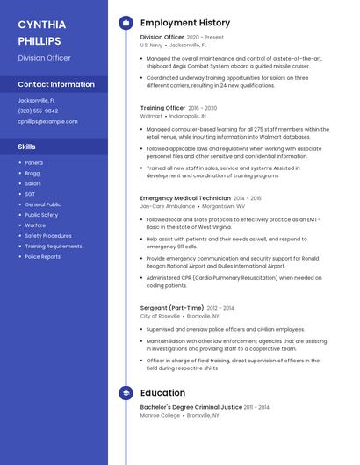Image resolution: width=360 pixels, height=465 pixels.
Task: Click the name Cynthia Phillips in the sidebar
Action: pyautogui.click(x=40, y=32)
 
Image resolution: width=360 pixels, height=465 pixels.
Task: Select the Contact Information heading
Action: pyautogui.click(x=56, y=84)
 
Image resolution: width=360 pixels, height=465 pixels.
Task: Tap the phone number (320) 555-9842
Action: pyautogui.click(x=38, y=111)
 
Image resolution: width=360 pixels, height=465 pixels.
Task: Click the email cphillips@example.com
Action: pyautogui.click(x=47, y=121)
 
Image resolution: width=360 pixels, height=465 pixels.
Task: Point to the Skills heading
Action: pyautogui.click(x=27, y=147)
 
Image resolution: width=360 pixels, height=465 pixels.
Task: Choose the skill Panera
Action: pyautogui.click(x=33, y=162)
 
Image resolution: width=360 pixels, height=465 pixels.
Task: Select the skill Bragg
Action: pyautogui.click(x=32, y=173)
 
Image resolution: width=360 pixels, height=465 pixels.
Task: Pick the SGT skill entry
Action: pyautogui.click(x=30, y=194)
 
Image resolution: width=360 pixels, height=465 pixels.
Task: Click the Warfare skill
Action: pyautogui.click(x=35, y=225)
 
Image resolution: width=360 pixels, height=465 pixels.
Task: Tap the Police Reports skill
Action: pyautogui.click(x=42, y=257)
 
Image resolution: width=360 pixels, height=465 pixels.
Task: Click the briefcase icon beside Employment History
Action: pyautogui.click(x=126, y=23)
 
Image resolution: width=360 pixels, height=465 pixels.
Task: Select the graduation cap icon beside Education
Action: pyautogui.click(x=126, y=393)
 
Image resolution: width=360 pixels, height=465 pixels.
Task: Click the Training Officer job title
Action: pyautogui.click(x=162, y=108)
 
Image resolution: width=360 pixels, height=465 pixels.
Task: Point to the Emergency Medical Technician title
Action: pyautogui.click(x=185, y=198)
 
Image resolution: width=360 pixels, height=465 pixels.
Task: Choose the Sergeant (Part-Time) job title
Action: pyautogui.click(x=172, y=308)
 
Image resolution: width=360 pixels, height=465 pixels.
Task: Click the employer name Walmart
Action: pyautogui.click(x=151, y=116)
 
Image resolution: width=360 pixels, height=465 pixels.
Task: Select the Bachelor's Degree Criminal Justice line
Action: pyautogui.click(x=191, y=407)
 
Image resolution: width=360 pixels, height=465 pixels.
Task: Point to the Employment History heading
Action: pyautogui.click(x=185, y=23)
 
